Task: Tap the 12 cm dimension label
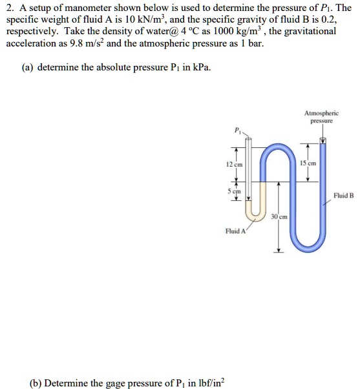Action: tap(233, 165)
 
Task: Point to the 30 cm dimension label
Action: tap(279, 216)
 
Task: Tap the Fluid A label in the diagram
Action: tap(235, 231)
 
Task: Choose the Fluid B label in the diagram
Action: tap(343, 194)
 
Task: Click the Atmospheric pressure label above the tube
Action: tap(321, 116)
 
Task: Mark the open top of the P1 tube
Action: tap(249, 138)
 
